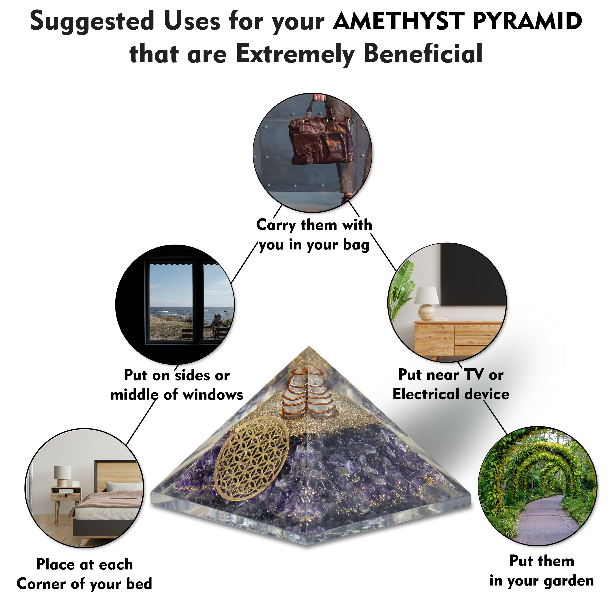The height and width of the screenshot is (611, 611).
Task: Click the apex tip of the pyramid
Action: tap(308, 348)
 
